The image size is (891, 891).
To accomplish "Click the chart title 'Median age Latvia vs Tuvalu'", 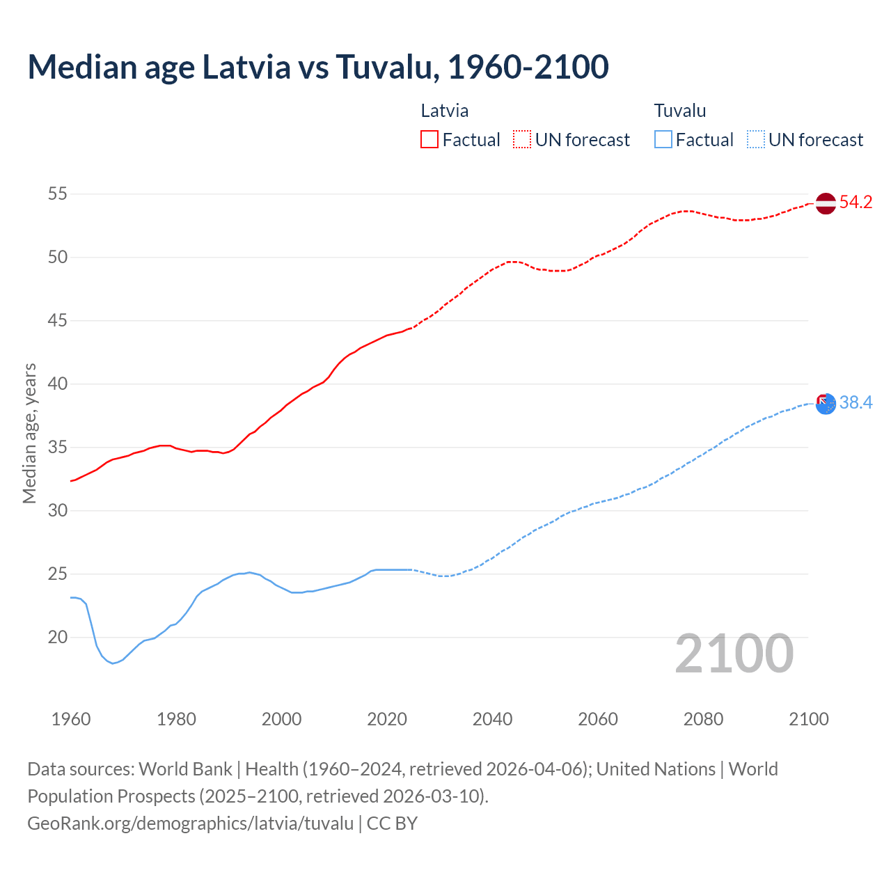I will pos(318,67).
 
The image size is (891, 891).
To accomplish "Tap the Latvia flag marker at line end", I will pos(825,203).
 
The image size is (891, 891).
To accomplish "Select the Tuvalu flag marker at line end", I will pos(825,403).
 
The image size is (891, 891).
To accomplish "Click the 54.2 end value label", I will pos(855,203).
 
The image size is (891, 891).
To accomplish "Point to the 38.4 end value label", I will pos(855,403).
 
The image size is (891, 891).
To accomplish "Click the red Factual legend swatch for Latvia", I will pos(429,140).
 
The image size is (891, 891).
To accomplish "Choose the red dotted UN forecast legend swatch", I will pos(522,140).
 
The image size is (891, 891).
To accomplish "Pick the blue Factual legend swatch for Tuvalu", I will pos(663,140).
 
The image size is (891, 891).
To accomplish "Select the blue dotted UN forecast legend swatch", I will pos(755,140).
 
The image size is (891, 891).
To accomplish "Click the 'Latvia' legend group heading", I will pos(444,111).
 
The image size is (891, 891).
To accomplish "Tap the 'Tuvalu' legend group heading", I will pos(679,111).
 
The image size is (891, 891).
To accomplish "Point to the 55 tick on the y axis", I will pos(58,194).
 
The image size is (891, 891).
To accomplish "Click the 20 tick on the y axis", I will pos(58,637).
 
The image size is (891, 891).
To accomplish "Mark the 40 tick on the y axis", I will pos(58,384).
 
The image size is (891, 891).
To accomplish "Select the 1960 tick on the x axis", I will pos(71,719).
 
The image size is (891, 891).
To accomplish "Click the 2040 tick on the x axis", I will pos(492,719).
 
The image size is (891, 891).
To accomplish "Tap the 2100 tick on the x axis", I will pos(808,719).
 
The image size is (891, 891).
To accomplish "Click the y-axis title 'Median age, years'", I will pos(29,433).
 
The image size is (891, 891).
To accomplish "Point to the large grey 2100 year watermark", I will pos(734,654).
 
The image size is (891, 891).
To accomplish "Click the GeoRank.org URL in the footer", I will pos(190,823).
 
